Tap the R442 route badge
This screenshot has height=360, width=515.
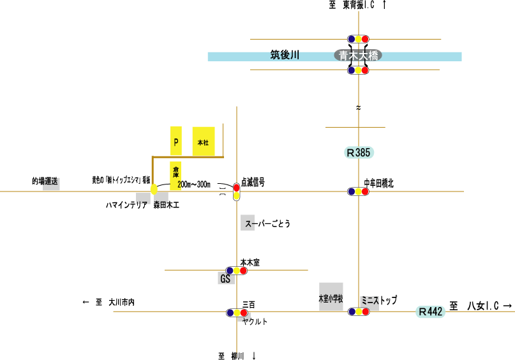[x=430, y=311]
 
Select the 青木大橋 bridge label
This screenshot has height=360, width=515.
[x=358, y=56]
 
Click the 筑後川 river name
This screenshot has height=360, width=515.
[x=285, y=56]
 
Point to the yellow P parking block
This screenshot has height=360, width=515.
[x=176, y=141]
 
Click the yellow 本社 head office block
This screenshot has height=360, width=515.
[x=204, y=141]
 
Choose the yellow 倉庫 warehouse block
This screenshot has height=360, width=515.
[x=175, y=172]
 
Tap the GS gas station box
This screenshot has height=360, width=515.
[x=225, y=279]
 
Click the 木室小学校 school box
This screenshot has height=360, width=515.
[x=331, y=297]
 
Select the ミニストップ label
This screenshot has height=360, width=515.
[x=379, y=299]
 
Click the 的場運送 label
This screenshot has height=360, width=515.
[x=45, y=181]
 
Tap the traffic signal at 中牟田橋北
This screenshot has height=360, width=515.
[x=358, y=191]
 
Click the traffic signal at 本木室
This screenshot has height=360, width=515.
[x=236, y=271]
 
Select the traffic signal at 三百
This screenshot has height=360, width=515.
[x=237, y=313]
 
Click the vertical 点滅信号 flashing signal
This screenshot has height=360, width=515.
[x=237, y=191]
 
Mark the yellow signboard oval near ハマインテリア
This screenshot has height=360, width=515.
[x=154, y=189]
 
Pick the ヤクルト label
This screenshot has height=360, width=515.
[x=255, y=322]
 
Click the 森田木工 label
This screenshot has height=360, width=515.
[x=167, y=205]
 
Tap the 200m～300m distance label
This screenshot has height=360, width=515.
[x=194, y=184]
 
